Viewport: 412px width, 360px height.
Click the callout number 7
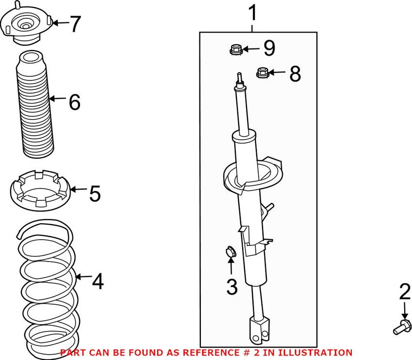(x=75, y=24)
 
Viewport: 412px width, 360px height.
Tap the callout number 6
(x=74, y=102)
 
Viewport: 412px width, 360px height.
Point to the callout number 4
(x=98, y=281)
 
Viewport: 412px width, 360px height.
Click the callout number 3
(x=231, y=287)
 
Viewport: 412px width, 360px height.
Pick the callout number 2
(x=405, y=292)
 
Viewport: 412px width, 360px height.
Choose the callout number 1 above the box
(x=253, y=14)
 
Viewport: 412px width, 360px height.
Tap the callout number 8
(x=295, y=74)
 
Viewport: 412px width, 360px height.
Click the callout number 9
(x=269, y=48)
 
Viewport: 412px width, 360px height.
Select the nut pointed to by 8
(x=263, y=73)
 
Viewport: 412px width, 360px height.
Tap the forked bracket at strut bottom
(x=258, y=329)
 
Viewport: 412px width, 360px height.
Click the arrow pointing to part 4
(x=83, y=278)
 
